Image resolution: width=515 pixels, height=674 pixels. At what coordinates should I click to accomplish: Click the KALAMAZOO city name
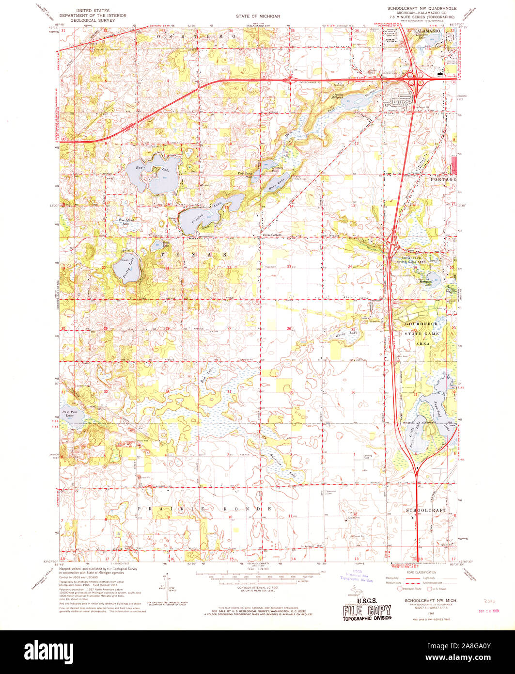click(x=427, y=31)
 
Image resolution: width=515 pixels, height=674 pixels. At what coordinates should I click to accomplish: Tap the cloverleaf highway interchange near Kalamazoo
click(x=413, y=75)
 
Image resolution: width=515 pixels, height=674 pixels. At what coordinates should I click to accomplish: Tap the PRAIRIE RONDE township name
click(x=203, y=509)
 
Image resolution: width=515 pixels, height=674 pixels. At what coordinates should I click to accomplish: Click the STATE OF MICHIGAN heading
click(x=258, y=16)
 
